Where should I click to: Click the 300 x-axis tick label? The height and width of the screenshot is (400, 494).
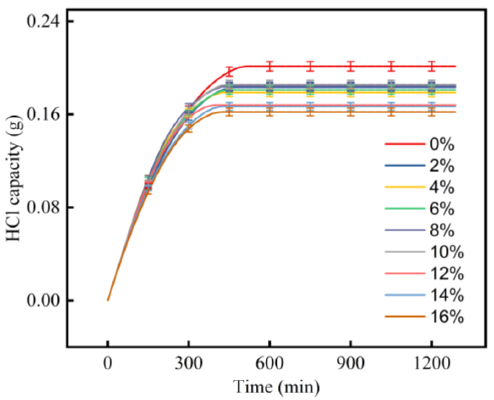pyautogui.click(x=189, y=363)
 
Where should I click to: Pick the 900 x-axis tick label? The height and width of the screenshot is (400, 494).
pyautogui.click(x=350, y=363)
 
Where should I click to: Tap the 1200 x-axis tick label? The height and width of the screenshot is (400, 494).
pyautogui.click(x=431, y=363)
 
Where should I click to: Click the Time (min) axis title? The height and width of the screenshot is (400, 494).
pyautogui.click(x=277, y=387)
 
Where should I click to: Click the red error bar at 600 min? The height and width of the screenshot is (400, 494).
pyautogui.click(x=270, y=66)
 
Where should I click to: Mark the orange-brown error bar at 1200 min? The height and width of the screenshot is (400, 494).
pyautogui.click(x=431, y=112)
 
